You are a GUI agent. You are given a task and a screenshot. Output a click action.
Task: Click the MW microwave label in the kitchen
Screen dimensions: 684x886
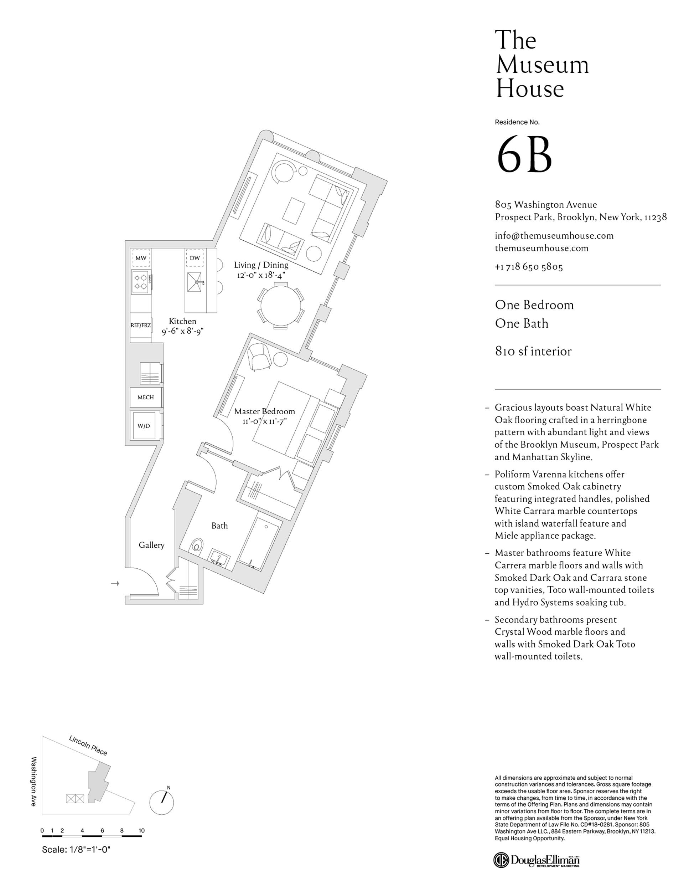click(x=141, y=258)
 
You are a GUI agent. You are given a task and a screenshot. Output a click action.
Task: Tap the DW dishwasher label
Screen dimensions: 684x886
click(x=195, y=258)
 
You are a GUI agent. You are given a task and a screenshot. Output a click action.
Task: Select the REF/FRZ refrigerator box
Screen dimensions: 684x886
click(x=141, y=326)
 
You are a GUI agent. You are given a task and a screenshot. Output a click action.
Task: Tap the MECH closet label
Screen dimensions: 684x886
click(x=146, y=398)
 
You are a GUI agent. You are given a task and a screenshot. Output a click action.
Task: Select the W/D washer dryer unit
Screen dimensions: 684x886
click(x=144, y=426)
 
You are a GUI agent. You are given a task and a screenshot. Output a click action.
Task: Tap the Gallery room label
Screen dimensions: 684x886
click(x=151, y=545)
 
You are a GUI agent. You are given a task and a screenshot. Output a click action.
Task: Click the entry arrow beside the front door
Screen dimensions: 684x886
click(x=115, y=583)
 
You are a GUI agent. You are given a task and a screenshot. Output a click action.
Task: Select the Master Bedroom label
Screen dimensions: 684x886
click(x=264, y=411)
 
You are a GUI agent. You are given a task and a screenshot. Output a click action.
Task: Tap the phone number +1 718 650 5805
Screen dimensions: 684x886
click(x=529, y=267)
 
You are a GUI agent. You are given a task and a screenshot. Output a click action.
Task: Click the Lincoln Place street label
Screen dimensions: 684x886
click(x=88, y=746)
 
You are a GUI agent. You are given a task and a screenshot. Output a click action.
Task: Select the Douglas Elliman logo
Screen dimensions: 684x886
click(x=537, y=860)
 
